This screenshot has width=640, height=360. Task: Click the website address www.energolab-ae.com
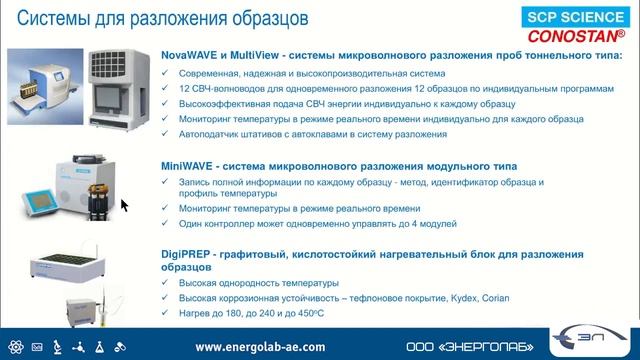(x=260, y=346)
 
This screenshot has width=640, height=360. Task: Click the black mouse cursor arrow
(x=125, y=205)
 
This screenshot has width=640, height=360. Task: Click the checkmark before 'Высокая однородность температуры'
(x=168, y=284)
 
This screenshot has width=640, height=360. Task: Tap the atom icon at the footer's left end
(x=12, y=346)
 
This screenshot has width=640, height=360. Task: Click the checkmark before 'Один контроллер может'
(x=168, y=224)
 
